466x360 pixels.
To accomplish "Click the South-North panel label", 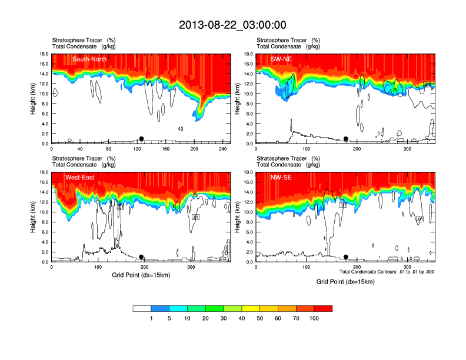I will tap(89, 59).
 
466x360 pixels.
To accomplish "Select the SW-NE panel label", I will tap(282, 59).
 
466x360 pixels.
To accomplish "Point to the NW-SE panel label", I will tap(281, 177).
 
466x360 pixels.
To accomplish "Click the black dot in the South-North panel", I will tap(141, 139).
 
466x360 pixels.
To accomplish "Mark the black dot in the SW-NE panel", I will tap(346, 139).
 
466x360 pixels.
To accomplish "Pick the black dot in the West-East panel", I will tap(141, 257).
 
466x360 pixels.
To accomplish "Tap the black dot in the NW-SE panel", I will tap(346, 257).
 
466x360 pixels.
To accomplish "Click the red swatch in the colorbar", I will tap(324, 308).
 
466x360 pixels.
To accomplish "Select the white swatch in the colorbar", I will tap(142, 308).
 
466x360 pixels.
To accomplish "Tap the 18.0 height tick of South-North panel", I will tap(42, 54).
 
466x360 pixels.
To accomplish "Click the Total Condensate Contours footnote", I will tap(387, 271).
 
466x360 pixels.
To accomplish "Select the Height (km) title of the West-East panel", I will tap(33, 217).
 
